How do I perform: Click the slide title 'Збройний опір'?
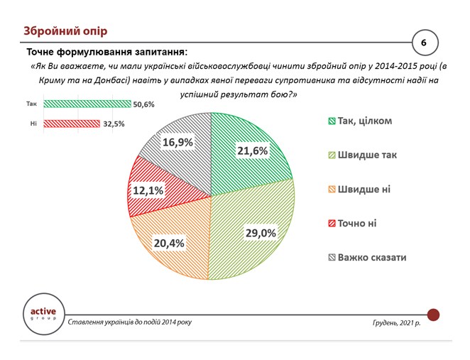(x=65, y=31)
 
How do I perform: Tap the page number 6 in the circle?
(x=423, y=43)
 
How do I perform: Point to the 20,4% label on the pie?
(x=169, y=243)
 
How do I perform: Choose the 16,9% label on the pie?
(x=177, y=142)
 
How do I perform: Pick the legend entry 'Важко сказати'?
(x=366, y=257)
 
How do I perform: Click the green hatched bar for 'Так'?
(x=87, y=104)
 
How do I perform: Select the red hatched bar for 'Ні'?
(x=72, y=124)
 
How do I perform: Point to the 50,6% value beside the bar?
(x=143, y=104)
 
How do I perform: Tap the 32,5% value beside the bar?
(x=114, y=124)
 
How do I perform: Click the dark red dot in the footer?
(x=434, y=314)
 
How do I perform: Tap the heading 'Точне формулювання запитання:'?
(x=107, y=53)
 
